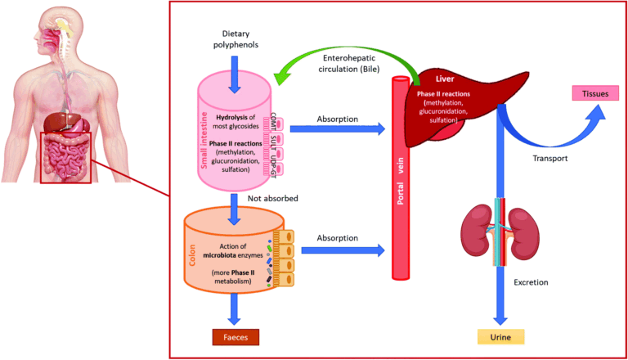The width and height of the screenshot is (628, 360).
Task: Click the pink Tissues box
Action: point(595,92)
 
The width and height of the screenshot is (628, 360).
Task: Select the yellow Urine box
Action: point(500,335)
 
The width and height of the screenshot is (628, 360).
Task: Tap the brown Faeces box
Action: point(235,335)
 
